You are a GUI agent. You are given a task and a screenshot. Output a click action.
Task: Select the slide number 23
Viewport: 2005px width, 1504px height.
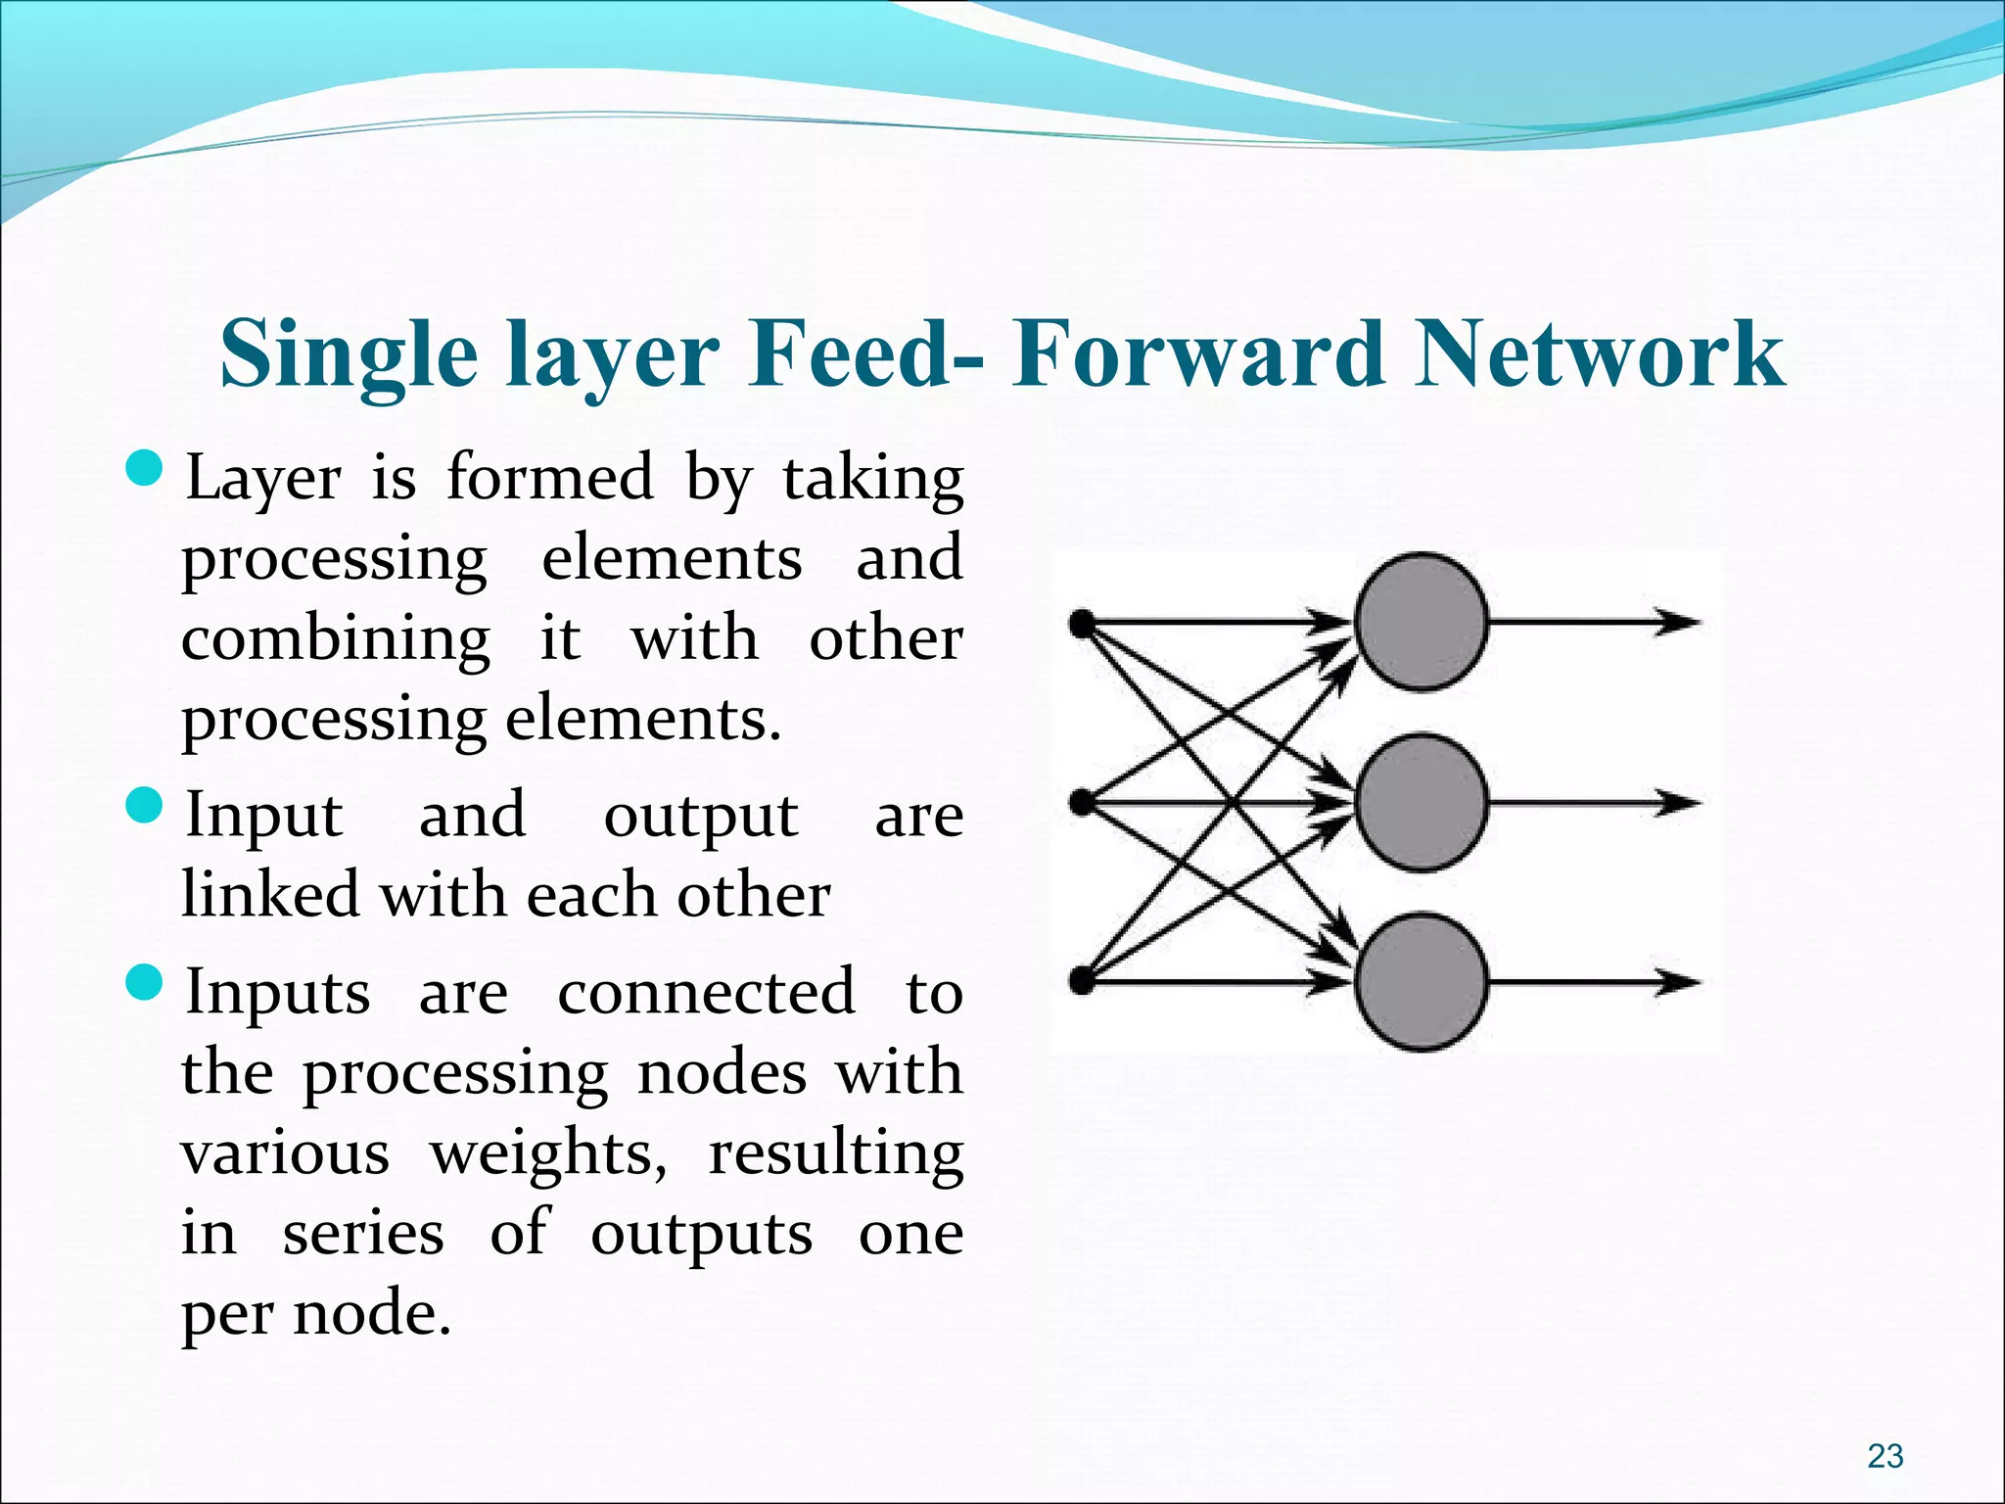click(x=1885, y=1455)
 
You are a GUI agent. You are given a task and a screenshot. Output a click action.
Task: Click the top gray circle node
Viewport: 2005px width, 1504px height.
click(x=1421, y=622)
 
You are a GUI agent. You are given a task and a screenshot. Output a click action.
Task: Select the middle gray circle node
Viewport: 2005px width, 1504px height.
click(x=1421, y=803)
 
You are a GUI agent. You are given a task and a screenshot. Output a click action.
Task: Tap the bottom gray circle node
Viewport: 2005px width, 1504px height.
click(x=1421, y=981)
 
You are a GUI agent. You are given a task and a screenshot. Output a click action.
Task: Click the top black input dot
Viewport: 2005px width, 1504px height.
click(x=1082, y=623)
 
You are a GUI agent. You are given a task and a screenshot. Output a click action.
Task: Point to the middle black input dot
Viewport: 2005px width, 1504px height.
click(x=1082, y=803)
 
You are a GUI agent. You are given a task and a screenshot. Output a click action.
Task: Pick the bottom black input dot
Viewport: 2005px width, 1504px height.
click(x=1082, y=980)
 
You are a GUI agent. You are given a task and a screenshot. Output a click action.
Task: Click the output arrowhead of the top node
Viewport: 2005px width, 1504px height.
click(x=1678, y=622)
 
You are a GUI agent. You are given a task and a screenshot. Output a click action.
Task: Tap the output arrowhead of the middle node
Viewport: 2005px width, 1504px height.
click(x=1678, y=803)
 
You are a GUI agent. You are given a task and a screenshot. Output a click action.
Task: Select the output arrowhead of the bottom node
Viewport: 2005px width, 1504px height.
click(x=1678, y=981)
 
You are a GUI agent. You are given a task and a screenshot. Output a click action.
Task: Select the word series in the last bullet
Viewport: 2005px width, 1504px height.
click(x=362, y=1234)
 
